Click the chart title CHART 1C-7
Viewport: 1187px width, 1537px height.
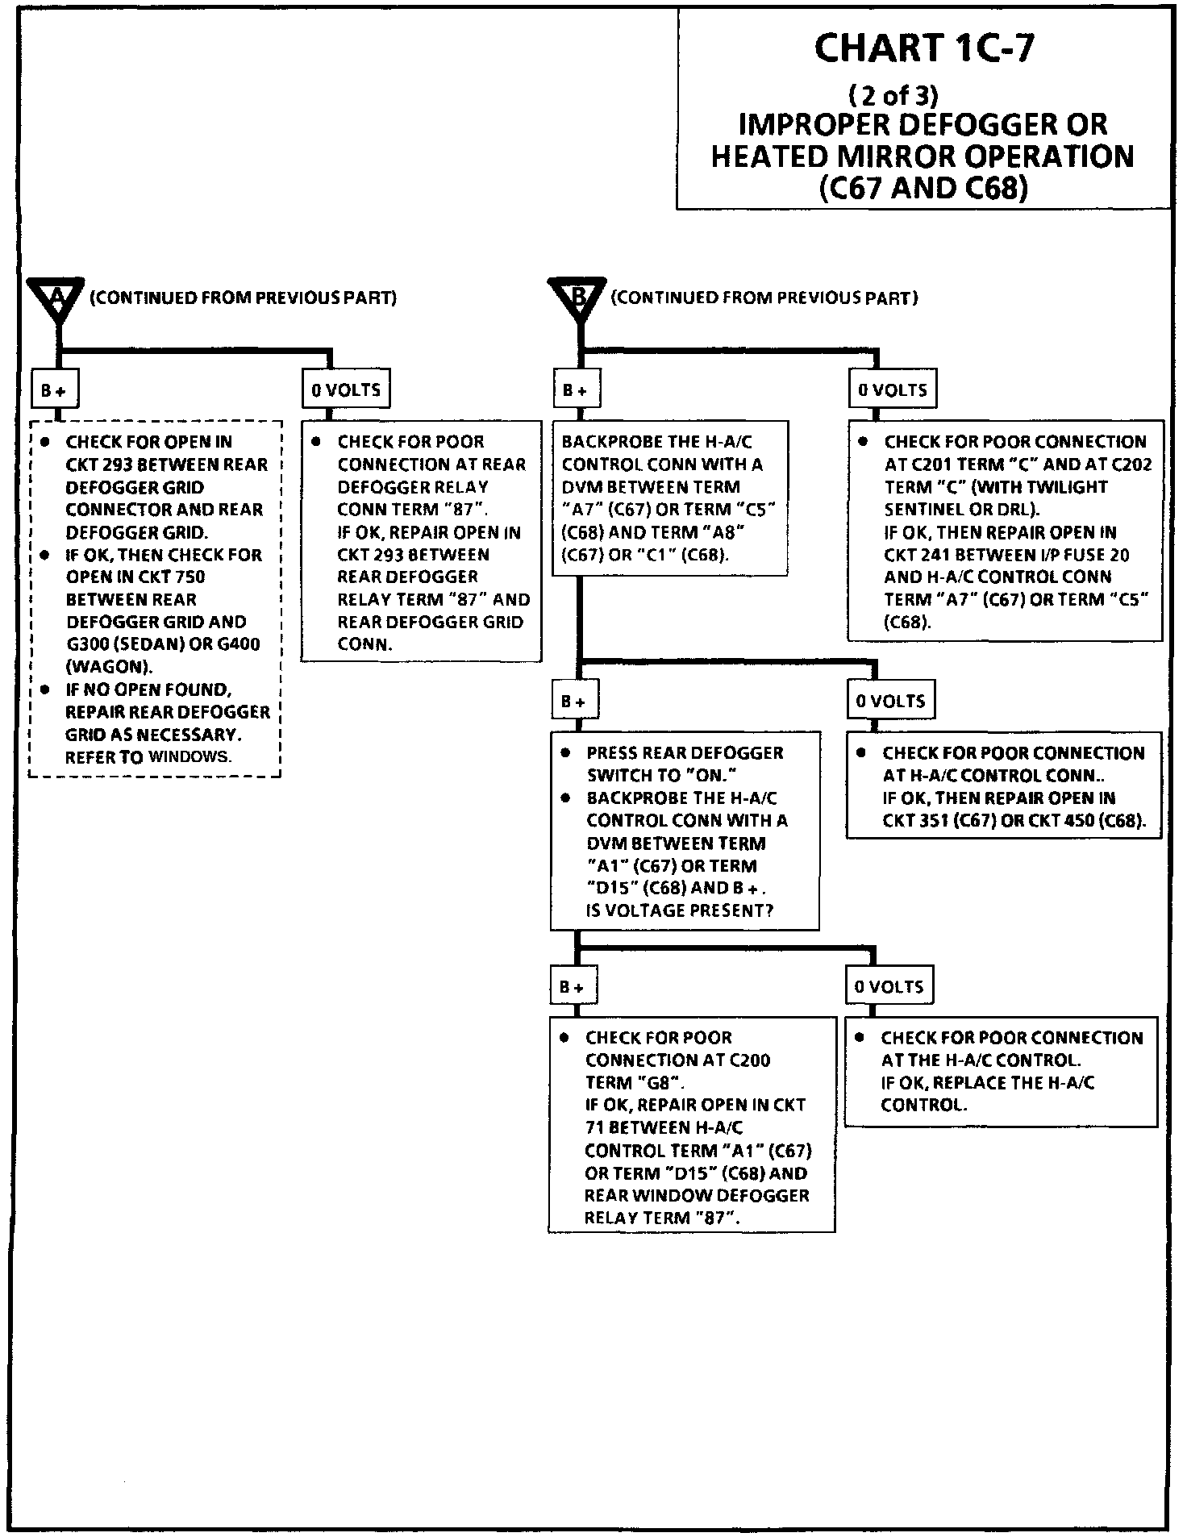coord(923,48)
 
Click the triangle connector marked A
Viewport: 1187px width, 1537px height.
coord(56,298)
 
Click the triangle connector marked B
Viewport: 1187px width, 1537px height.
coord(577,298)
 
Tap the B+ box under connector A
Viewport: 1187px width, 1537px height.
coord(54,390)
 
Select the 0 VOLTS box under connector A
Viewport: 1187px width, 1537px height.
coord(346,390)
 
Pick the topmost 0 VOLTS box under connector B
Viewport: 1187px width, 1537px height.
coord(892,390)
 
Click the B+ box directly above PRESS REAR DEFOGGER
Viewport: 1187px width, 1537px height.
coord(573,702)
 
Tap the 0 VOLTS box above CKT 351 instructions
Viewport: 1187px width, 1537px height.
coord(890,702)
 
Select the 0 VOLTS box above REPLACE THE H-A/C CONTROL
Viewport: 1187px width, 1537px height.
coord(889,986)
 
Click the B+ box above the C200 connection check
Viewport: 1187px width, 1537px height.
coord(573,986)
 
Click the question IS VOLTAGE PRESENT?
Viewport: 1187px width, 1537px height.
coord(680,910)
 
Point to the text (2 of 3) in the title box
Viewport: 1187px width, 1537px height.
coord(893,97)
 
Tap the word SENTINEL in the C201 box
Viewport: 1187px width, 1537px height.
coord(920,510)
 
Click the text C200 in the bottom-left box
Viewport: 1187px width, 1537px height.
coord(749,1060)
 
